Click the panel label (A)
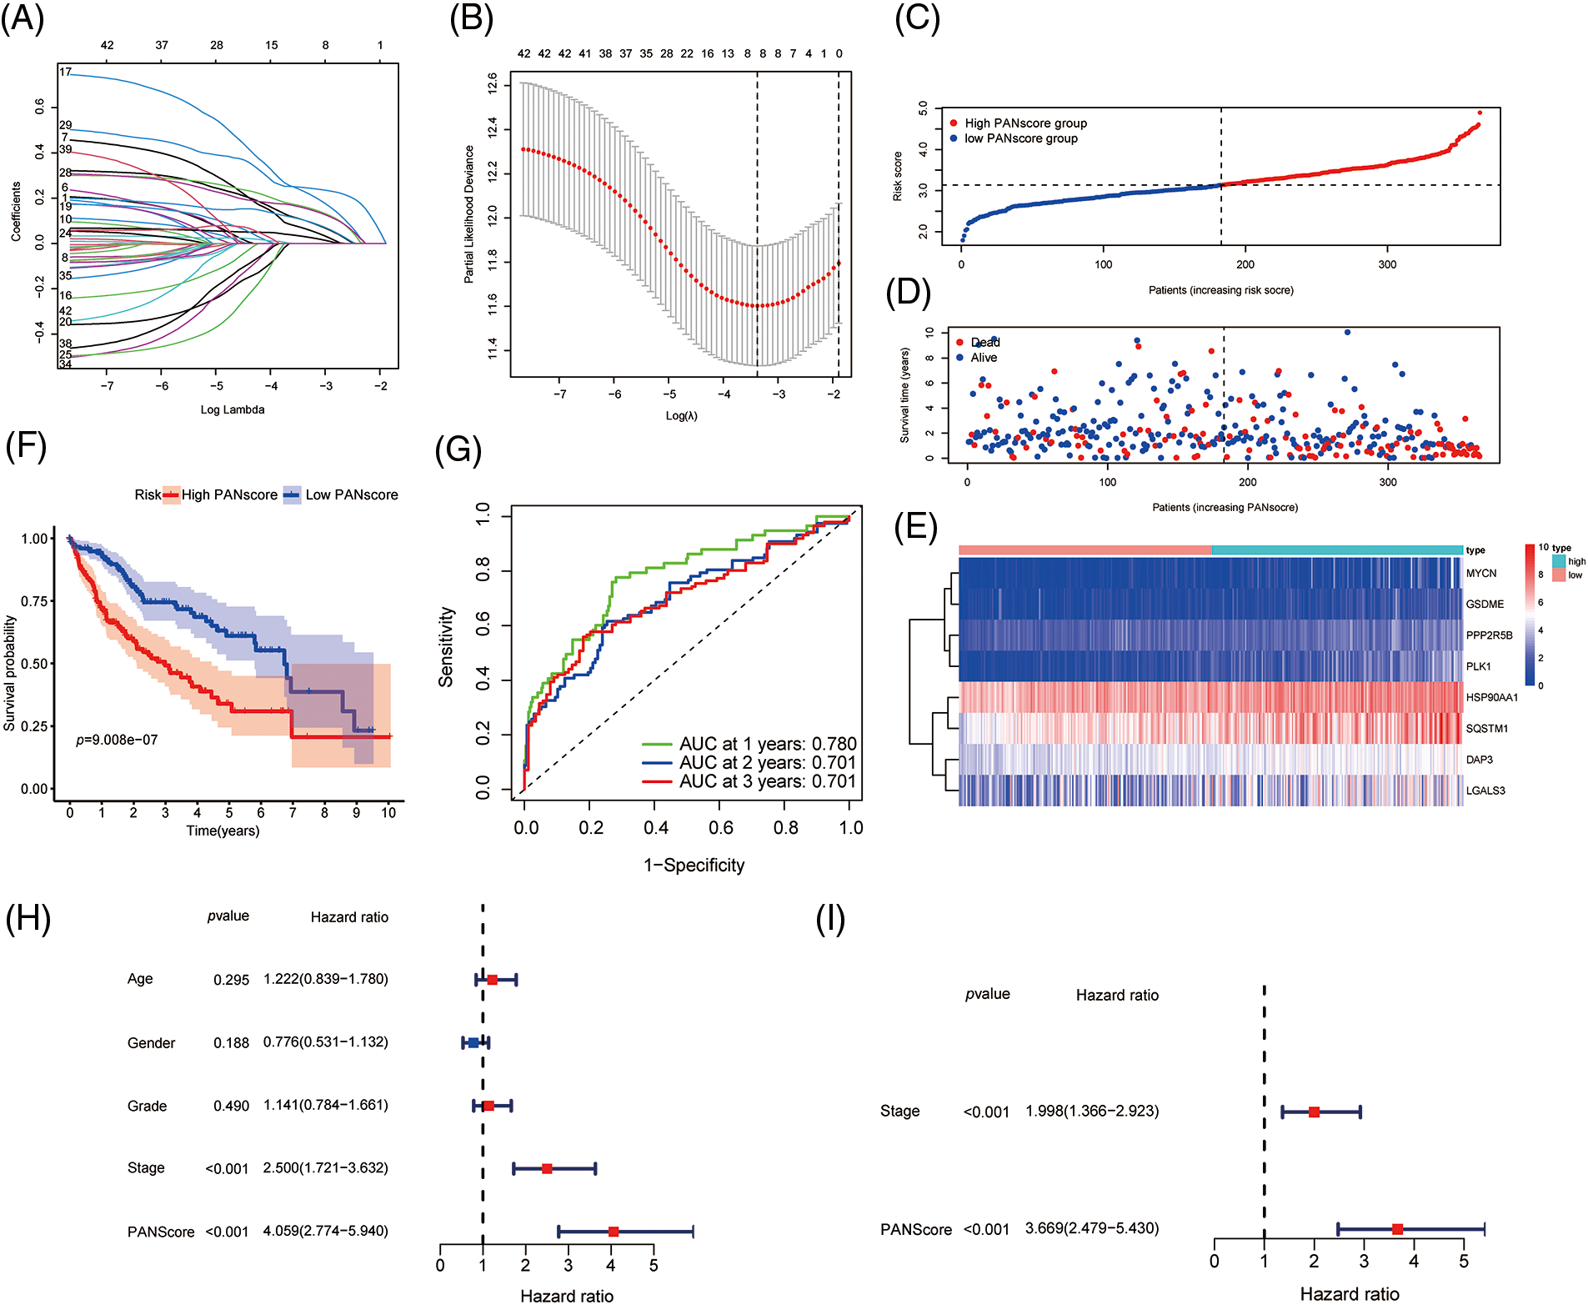click(23, 18)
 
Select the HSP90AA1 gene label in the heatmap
click(1491, 697)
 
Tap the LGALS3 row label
click(1485, 791)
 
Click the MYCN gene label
click(1481, 573)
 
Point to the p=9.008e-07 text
click(117, 740)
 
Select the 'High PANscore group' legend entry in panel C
click(1025, 123)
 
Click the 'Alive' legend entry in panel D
click(984, 358)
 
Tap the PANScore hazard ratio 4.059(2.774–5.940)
click(325, 1231)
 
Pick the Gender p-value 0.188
click(231, 1043)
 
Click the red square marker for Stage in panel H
click(547, 1168)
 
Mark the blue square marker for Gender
click(473, 1042)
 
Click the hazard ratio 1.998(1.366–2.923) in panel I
click(1092, 1111)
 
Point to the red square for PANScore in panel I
click(1397, 1229)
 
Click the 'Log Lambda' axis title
click(233, 409)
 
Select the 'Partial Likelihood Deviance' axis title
click(469, 214)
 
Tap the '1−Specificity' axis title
click(694, 865)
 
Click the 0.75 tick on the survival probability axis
click(34, 601)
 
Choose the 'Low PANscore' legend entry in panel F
click(351, 494)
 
